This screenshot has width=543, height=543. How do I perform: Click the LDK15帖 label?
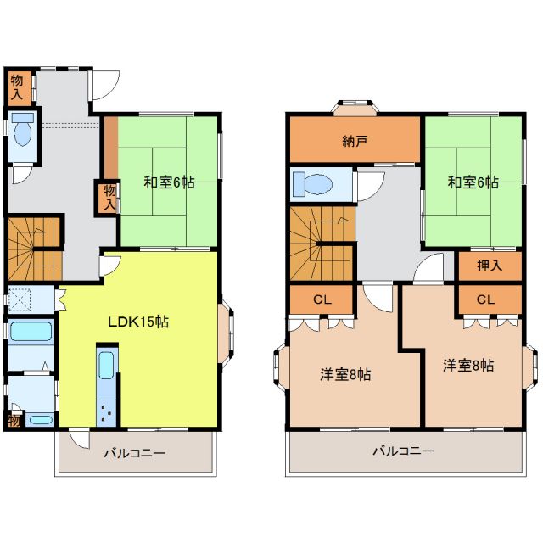137,322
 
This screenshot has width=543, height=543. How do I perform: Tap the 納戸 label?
355,141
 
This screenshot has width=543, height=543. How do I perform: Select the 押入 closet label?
490,266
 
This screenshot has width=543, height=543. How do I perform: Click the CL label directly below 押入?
485,299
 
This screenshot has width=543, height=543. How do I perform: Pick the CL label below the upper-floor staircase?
321,299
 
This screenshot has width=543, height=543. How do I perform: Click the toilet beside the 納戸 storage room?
311,184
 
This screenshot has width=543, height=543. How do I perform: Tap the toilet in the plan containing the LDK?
23,132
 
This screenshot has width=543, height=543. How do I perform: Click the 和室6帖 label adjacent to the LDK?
169,182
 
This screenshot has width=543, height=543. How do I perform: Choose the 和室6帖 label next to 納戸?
473,182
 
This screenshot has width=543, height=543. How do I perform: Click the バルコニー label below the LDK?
135,453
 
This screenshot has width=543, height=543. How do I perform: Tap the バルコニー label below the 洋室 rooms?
403,451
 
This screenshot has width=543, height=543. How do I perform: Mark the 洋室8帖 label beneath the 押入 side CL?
469,366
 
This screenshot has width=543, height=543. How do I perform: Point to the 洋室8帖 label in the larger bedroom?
345,374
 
